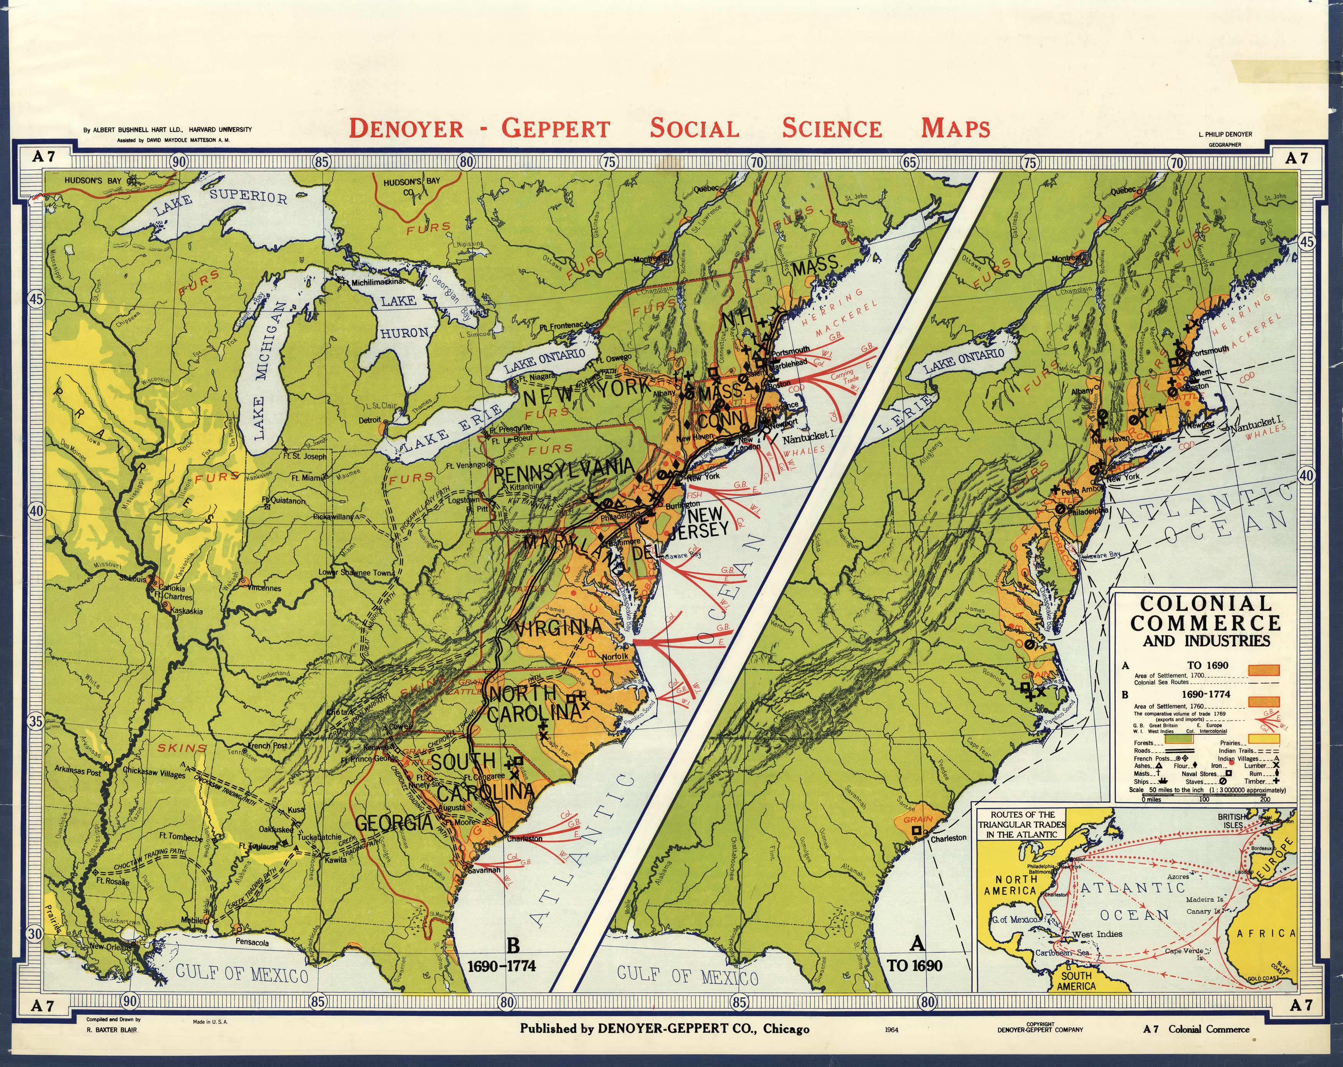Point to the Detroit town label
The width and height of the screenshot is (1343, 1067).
click(x=370, y=420)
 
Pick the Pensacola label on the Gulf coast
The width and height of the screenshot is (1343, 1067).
click(x=252, y=942)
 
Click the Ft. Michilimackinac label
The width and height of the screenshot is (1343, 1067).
click(x=374, y=282)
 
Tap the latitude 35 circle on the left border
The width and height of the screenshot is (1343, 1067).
click(x=36, y=722)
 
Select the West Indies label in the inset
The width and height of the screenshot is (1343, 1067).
click(x=1097, y=934)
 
